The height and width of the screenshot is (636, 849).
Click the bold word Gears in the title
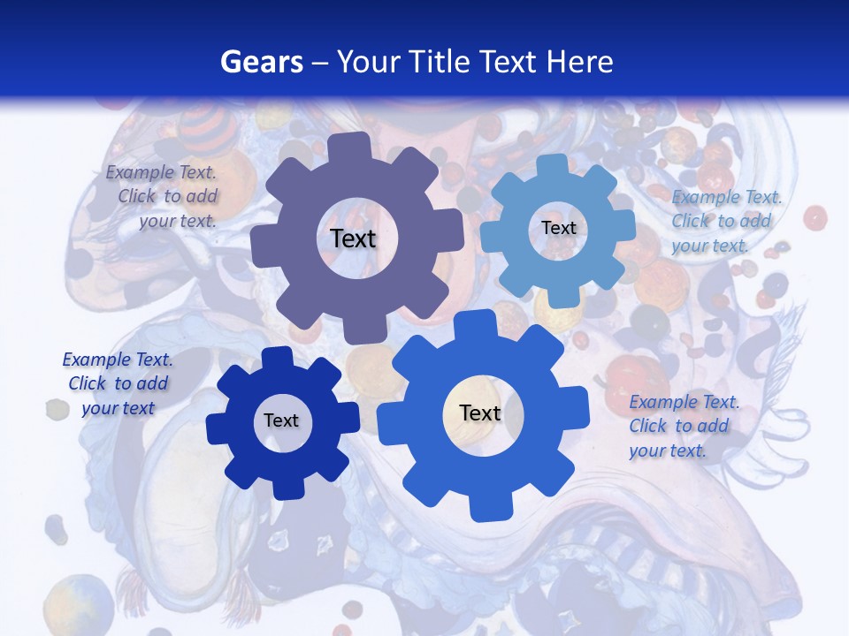[261, 62]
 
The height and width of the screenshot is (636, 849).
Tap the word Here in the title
[579, 62]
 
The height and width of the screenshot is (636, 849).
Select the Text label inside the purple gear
[353, 238]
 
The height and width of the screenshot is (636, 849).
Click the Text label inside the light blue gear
[558, 228]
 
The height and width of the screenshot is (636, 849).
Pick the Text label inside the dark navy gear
[281, 420]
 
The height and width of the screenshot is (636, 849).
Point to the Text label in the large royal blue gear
[480, 413]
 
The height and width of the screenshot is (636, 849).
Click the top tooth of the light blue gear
[552, 165]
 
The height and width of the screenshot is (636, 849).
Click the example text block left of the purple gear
[163, 197]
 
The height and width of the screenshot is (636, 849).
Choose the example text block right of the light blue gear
[725, 221]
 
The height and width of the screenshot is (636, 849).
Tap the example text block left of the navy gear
[118, 383]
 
